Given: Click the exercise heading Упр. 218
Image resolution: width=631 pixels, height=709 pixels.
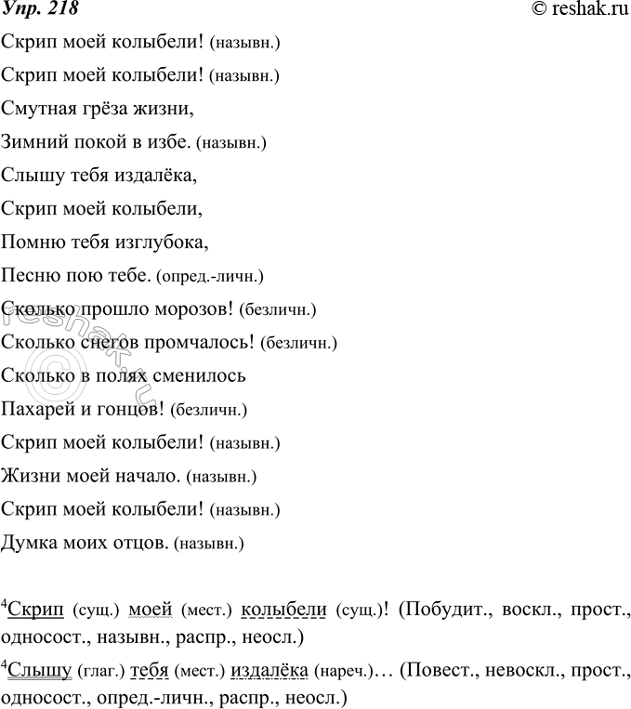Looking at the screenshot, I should pyautogui.click(x=39, y=11).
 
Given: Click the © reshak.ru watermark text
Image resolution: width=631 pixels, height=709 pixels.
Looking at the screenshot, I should pyautogui.click(x=575, y=11).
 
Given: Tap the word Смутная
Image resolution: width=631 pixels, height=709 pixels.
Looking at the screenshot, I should pyautogui.click(x=34, y=110).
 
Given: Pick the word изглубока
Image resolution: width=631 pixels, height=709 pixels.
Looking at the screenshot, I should pyautogui.click(x=157, y=243).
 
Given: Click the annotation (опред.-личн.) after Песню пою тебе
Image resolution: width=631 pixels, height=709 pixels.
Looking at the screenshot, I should pyautogui.click(x=211, y=277).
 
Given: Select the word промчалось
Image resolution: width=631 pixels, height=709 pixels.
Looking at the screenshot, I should pyautogui.click(x=206, y=344).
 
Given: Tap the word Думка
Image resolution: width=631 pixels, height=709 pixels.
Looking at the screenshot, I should pyautogui.click(x=30, y=545).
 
